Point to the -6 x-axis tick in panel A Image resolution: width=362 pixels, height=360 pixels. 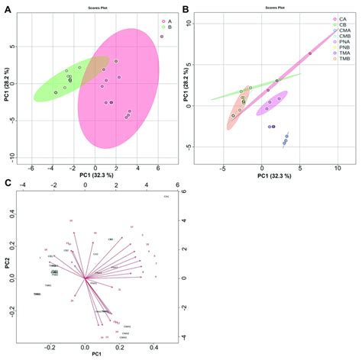click(31, 168)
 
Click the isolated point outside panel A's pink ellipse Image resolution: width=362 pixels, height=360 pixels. click(162, 37)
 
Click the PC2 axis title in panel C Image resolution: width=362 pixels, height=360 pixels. click(6, 263)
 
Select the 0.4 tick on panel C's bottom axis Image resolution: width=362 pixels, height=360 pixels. click(154, 347)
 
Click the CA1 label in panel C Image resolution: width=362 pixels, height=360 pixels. click(166, 198)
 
